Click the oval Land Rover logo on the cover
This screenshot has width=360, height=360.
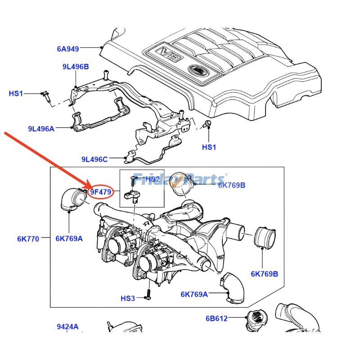tap(197, 70)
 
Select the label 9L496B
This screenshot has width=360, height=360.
tap(76, 67)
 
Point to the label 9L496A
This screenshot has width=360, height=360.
tap(41, 129)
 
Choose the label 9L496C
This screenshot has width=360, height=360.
tap(95, 159)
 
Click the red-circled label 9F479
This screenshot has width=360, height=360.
tap(100, 193)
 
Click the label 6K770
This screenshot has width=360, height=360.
tap(28, 238)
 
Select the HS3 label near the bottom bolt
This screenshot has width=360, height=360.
tap(128, 298)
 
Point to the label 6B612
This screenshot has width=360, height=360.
tap(217, 319)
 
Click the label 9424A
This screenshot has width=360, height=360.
tap(67, 327)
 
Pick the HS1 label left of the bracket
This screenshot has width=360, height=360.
tap(16, 94)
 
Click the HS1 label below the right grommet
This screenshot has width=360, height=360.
tap(209, 147)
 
